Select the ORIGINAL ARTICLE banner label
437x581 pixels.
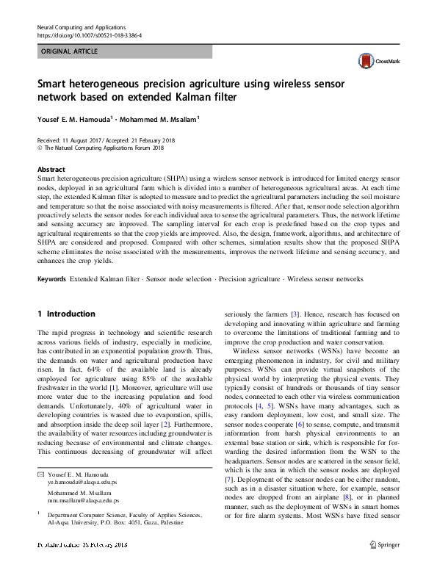click(x=70, y=51)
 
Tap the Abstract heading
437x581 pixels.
click(x=51, y=168)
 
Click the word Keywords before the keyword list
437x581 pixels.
click(x=52, y=280)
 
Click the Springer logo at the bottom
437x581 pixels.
click(x=384, y=565)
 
